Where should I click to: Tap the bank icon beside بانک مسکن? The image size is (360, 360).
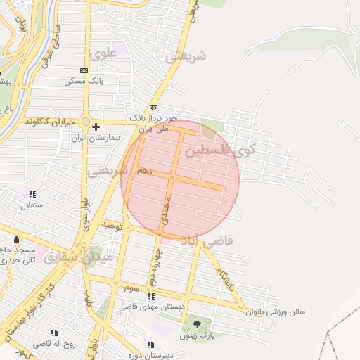84,70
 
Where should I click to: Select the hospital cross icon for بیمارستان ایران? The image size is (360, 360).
96,127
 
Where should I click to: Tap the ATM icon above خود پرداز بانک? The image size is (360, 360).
153,108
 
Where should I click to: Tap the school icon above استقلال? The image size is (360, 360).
32,194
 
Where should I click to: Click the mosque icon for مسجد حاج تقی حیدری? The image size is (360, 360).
17,240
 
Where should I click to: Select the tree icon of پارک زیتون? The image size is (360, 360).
197,324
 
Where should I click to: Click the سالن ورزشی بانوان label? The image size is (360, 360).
278,312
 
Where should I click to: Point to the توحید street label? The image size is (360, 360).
112,226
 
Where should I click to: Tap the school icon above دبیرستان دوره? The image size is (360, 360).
150,345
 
